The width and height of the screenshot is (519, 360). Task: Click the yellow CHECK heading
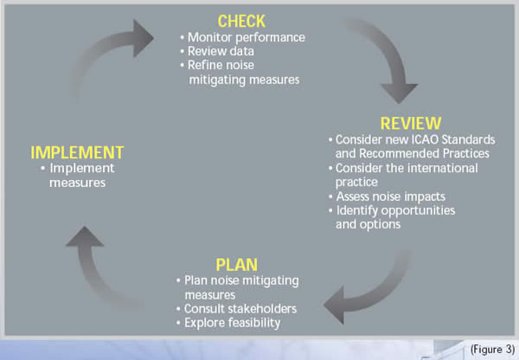click(241, 22)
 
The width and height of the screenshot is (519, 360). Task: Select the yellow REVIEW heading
click(411, 124)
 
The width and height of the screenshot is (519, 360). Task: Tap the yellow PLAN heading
click(237, 265)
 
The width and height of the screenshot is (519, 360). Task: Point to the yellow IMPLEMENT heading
click(77, 152)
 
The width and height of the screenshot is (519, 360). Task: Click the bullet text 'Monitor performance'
click(247, 37)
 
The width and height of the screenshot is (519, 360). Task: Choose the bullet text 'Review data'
click(221, 51)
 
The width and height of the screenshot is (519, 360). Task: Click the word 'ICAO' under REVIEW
click(423, 140)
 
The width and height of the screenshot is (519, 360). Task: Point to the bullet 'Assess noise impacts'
click(391, 196)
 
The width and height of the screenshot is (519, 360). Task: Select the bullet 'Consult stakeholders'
click(240, 309)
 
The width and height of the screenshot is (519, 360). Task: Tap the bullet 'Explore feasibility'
click(232, 323)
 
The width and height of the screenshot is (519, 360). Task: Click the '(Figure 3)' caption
click(492, 350)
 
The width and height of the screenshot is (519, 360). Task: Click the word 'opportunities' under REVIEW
click(419, 211)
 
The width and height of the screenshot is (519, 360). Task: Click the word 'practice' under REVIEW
click(356, 183)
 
